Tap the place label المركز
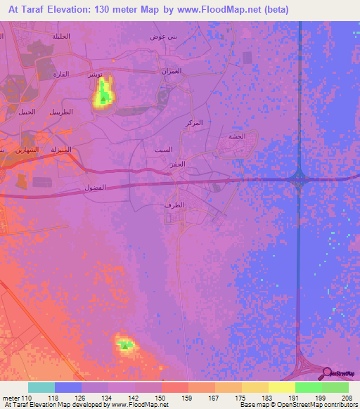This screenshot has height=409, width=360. pyautogui.click(x=192, y=123)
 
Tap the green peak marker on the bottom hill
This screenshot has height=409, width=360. pyautogui.click(x=125, y=345)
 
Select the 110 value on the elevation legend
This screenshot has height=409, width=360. pyautogui.click(x=26, y=397)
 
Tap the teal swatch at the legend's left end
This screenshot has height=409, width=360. pyautogui.click(x=41, y=387)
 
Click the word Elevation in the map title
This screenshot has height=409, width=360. pyautogui.click(x=75, y=10)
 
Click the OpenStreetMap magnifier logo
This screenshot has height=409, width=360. pyautogui.click(x=326, y=372)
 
